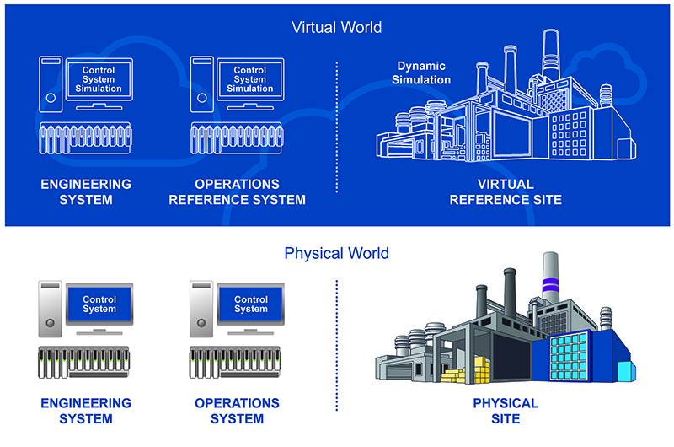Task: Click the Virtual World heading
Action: click(x=336, y=27)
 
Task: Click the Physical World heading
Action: click(x=336, y=252)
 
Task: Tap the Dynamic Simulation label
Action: click(x=424, y=73)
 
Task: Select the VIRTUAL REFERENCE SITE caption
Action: click(x=505, y=191)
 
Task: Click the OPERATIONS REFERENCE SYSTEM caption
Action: click(x=237, y=191)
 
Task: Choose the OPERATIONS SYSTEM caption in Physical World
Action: click(x=237, y=410)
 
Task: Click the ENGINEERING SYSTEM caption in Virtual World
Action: click(x=87, y=191)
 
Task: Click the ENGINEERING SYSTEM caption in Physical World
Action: click(x=87, y=410)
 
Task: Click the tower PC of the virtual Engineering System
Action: click(x=50, y=83)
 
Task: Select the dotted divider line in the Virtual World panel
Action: click(x=336, y=127)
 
